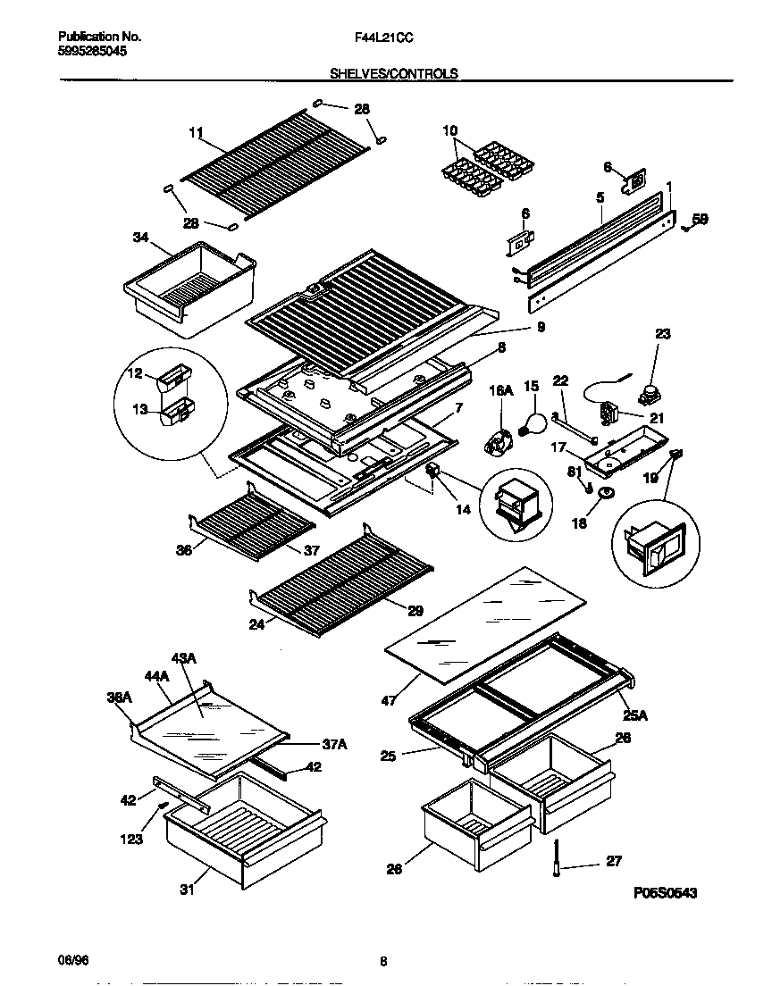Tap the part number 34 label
pyautogui.click(x=140, y=238)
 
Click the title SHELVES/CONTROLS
pyautogui.click(x=394, y=74)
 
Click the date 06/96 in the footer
pyautogui.click(x=73, y=959)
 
